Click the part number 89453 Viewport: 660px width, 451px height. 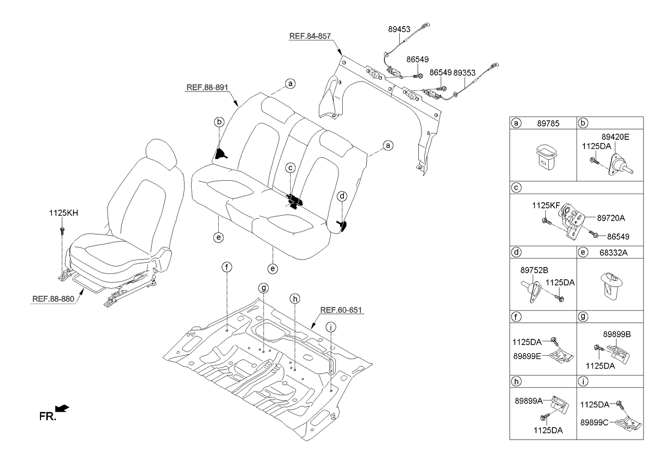tap(398, 31)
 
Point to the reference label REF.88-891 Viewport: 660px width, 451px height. tap(207, 88)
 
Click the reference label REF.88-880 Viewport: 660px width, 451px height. tap(54, 298)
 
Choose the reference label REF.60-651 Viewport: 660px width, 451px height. tap(342, 310)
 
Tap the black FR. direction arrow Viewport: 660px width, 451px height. tap(62, 408)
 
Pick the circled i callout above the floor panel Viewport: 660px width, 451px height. tap(331, 328)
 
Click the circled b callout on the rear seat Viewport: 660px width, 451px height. tap(219, 122)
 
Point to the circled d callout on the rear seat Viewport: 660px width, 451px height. tap(343, 196)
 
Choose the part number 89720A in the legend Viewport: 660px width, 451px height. tap(611, 218)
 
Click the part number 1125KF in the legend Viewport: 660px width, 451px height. tap(543, 204)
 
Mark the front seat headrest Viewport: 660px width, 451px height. tap(159, 154)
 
